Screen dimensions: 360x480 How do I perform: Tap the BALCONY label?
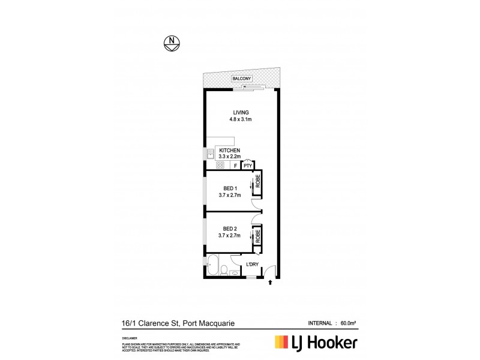243,79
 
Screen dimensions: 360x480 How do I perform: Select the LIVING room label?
241,113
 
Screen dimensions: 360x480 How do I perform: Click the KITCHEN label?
230,150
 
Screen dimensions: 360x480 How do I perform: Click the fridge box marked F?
236,166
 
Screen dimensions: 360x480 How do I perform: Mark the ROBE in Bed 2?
258,235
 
